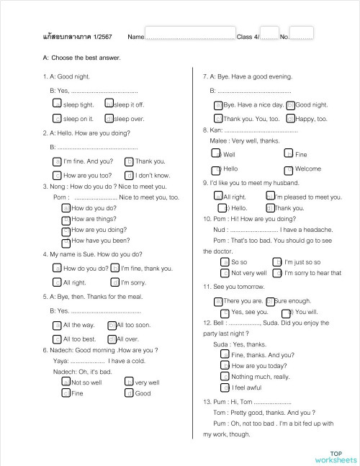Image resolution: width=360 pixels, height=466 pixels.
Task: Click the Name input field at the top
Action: coord(190,35)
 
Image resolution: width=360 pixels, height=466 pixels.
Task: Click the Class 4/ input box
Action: coord(269,35)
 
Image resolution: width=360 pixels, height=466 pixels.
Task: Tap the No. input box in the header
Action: coord(302,35)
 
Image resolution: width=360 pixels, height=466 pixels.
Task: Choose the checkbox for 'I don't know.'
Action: coord(129,175)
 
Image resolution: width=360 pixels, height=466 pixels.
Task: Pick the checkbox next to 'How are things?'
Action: coord(66,219)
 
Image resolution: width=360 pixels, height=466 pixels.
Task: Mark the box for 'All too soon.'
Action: coord(111,326)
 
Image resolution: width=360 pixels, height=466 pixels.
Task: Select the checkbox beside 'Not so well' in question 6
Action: coord(66,382)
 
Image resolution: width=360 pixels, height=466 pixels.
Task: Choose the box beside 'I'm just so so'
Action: coord(277,262)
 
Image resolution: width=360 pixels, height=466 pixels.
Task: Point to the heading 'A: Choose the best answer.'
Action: coord(82,58)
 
